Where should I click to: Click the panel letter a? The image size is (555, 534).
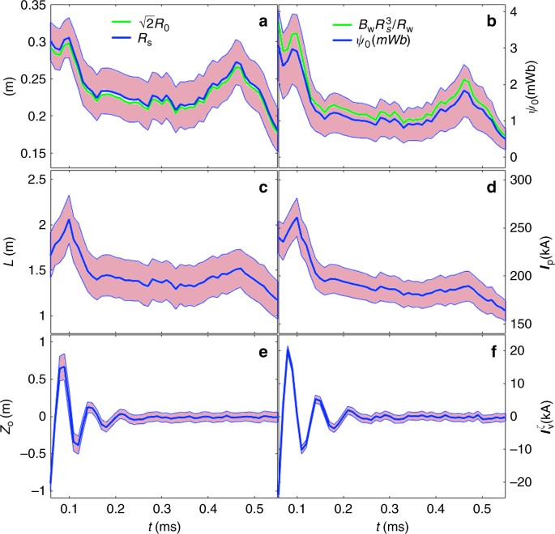pyautogui.click(x=262, y=24)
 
